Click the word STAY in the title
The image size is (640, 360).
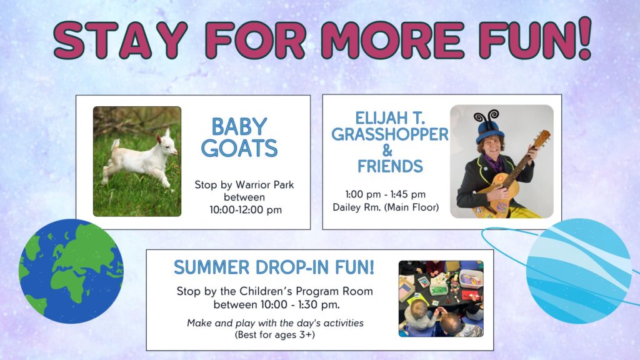pos(121,40)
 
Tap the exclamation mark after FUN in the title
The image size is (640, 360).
pos(584,37)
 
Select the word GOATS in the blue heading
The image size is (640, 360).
pos(239,148)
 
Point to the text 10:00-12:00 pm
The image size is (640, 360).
pos(246,210)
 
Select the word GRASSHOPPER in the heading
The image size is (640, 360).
pos(390,134)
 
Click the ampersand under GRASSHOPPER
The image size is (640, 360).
pos(387,150)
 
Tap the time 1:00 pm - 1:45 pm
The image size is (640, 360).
pos(385,194)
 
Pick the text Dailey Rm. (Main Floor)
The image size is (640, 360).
pos(386,207)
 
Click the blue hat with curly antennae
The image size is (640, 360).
pos(489,127)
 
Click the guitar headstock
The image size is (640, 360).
pos(541,138)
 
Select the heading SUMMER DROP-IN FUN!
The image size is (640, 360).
pos(274,267)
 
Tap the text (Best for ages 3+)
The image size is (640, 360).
pos(275,335)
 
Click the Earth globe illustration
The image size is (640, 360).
pos(71,271)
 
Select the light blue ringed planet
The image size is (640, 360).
pos(579,271)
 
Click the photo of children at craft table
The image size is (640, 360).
pos(441,299)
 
